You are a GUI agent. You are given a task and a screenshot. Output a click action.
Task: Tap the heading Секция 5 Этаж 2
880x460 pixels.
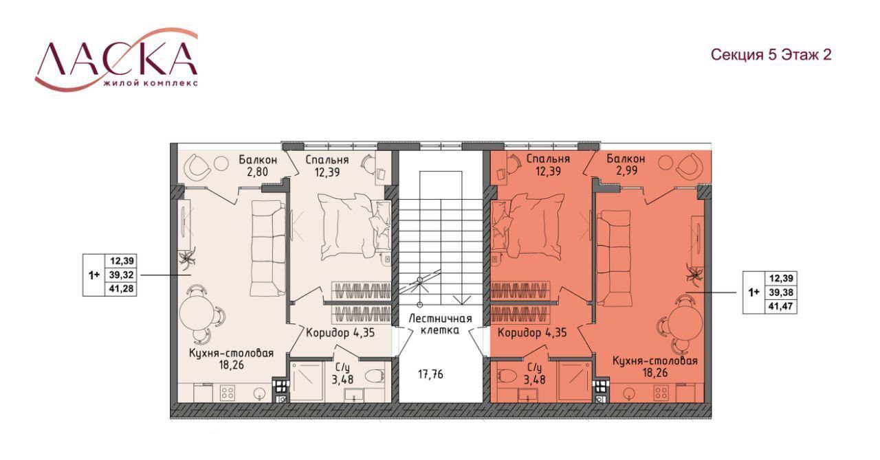tap(771, 54)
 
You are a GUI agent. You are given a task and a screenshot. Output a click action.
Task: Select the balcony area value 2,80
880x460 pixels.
tap(258, 172)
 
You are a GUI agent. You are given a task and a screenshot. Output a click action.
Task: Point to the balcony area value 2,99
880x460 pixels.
tap(626, 170)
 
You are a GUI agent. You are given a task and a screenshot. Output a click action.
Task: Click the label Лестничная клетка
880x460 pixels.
tap(440, 324)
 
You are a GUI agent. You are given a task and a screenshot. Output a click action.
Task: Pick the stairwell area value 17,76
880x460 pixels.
tap(430, 374)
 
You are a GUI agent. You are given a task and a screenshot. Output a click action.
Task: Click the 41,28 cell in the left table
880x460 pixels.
tap(122, 289)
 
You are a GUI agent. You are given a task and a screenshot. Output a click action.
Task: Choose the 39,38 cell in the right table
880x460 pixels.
tap(782, 292)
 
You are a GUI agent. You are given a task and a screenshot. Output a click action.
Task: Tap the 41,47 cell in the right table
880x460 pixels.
tap(782, 306)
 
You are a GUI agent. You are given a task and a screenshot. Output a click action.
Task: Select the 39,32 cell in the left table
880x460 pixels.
tap(122, 275)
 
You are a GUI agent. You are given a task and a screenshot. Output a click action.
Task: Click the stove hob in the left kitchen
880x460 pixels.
tap(228, 393)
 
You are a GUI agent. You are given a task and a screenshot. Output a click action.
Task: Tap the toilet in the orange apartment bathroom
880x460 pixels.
tap(508, 378)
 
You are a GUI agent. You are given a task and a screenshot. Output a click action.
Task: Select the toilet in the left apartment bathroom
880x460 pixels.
tap(375, 376)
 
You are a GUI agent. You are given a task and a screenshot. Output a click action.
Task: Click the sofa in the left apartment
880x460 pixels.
tap(269, 248)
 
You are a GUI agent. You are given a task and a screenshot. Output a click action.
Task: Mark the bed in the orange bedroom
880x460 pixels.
tap(529, 226)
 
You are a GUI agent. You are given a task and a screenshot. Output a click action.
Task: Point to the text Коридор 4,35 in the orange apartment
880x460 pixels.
tap(532, 333)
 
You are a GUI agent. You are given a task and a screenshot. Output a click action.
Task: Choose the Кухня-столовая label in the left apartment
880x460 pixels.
tap(231, 354)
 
